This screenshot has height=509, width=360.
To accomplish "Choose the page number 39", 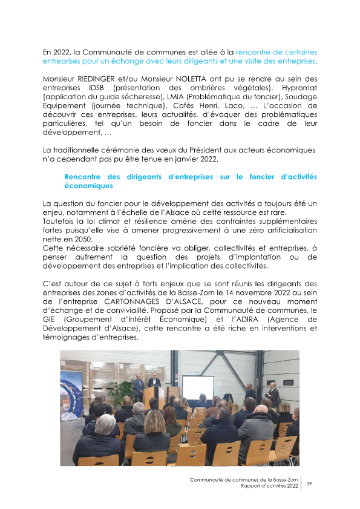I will pos(309,483).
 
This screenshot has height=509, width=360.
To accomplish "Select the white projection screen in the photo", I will pos(198,387).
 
